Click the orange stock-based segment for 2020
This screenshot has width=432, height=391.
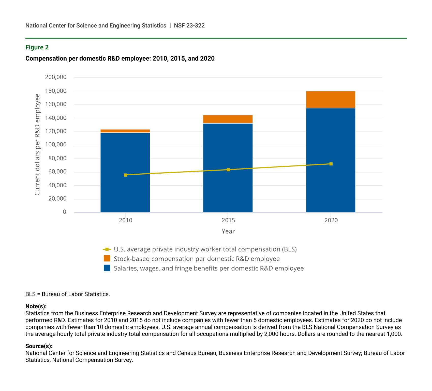coord(331,100)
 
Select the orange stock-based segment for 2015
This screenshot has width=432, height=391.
coord(228,119)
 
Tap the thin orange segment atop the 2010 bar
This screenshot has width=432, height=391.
coord(125,131)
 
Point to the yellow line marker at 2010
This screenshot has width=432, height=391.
coord(125,175)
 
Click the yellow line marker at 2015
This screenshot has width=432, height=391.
coord(228,170)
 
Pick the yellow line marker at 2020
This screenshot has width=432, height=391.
coord(331,164)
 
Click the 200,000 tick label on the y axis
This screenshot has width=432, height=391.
coord(56,77)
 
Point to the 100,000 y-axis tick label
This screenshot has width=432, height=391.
coord(56,145)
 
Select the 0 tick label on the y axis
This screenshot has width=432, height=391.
coord(64,212)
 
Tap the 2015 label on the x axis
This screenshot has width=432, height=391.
coord(228,220)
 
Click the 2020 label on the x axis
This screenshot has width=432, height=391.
coord(331,220)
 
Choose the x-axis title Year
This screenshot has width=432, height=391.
coord(228,231)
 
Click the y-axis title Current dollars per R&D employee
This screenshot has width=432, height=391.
coord(37,145)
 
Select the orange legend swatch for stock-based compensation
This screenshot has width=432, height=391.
coord(107,259)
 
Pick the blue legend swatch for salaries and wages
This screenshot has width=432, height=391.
coord(107,268)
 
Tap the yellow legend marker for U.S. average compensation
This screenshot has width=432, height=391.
coord(107,249)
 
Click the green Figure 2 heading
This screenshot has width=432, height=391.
coord(37,47)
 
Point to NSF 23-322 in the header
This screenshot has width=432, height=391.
coord(189,25)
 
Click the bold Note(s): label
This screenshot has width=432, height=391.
coord(36,306)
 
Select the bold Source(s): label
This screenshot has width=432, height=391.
coord(39,346)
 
